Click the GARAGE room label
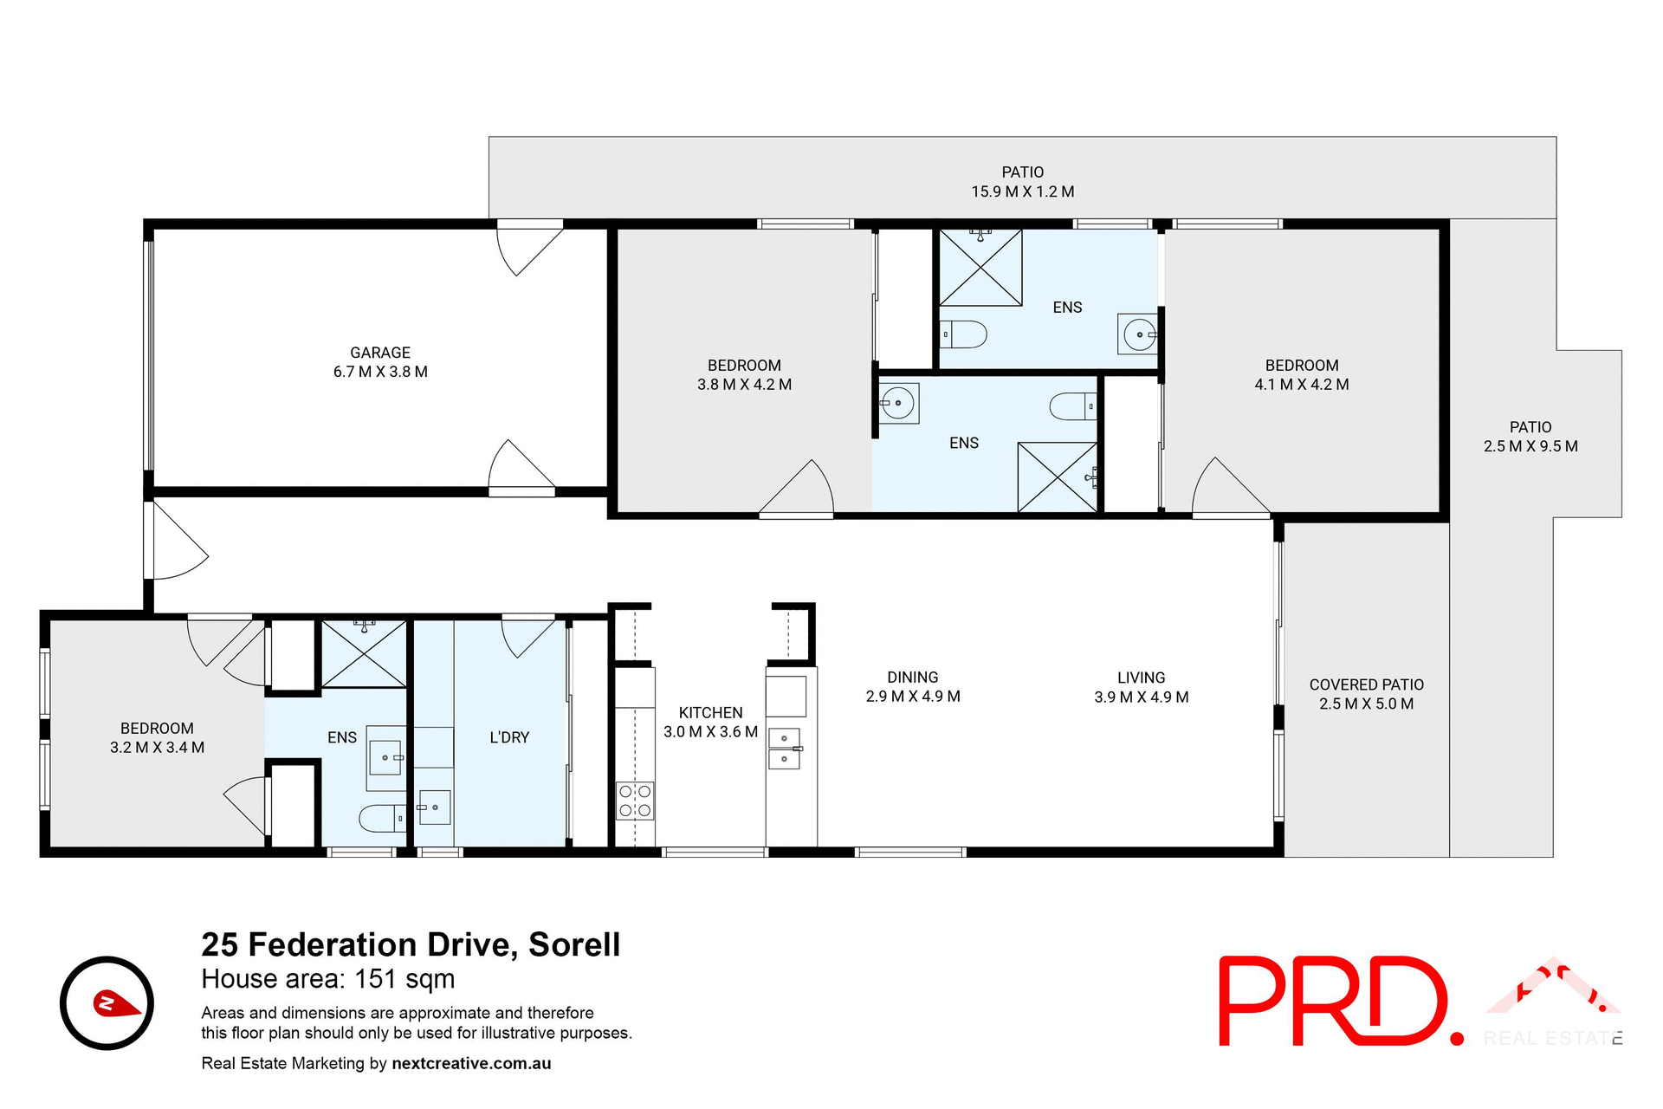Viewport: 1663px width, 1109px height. click(380, 353)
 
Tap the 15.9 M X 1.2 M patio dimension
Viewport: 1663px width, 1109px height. click(1022, 191)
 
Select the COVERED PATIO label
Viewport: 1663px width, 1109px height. click(1366, 684)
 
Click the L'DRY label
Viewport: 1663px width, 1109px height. click(509, 737)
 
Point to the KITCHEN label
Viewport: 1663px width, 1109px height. click(710, 712)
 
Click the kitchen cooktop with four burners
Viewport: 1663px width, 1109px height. click(635, 801)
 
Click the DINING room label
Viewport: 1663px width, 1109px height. click(912, 677)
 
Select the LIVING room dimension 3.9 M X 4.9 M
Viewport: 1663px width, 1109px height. click(1141, 697)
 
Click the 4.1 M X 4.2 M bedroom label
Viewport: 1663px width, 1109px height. click(1301, 384)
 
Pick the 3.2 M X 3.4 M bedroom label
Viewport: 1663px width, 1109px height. click(157, 747)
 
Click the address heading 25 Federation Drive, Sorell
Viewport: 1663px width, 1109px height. click(411, 944)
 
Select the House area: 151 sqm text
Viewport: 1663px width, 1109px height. click(327, 979)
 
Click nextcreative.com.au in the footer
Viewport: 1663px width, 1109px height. click(471, 1063)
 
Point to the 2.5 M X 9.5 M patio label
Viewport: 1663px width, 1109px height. click(1530, 446)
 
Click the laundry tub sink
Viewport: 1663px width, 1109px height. click(434, 807)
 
